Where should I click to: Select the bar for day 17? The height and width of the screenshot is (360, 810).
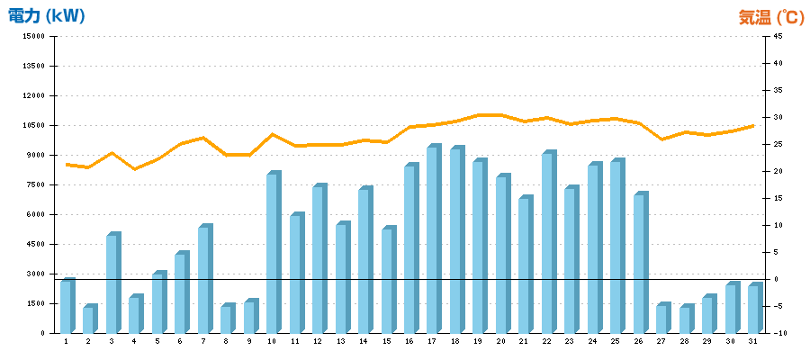point(433,240)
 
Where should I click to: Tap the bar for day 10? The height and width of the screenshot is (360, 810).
point(273,254)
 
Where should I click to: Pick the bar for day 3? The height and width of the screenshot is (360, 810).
point(112,284)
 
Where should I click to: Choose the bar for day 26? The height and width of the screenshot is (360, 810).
point(639,264)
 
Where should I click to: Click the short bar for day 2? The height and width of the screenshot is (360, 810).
point(88,320)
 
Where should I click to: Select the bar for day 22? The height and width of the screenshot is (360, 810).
point(547,243)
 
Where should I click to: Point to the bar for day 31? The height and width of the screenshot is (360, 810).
point(753,310)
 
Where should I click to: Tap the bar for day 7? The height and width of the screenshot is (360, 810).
point(203,280)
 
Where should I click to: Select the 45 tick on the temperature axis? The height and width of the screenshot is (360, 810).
point(775,37)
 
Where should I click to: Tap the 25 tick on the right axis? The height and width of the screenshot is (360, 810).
point(775,144)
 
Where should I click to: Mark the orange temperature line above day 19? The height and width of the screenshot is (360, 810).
point(479,115)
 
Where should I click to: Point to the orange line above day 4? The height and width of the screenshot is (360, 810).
point(134,168)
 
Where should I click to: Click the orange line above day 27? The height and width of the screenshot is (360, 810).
point(662,139)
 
